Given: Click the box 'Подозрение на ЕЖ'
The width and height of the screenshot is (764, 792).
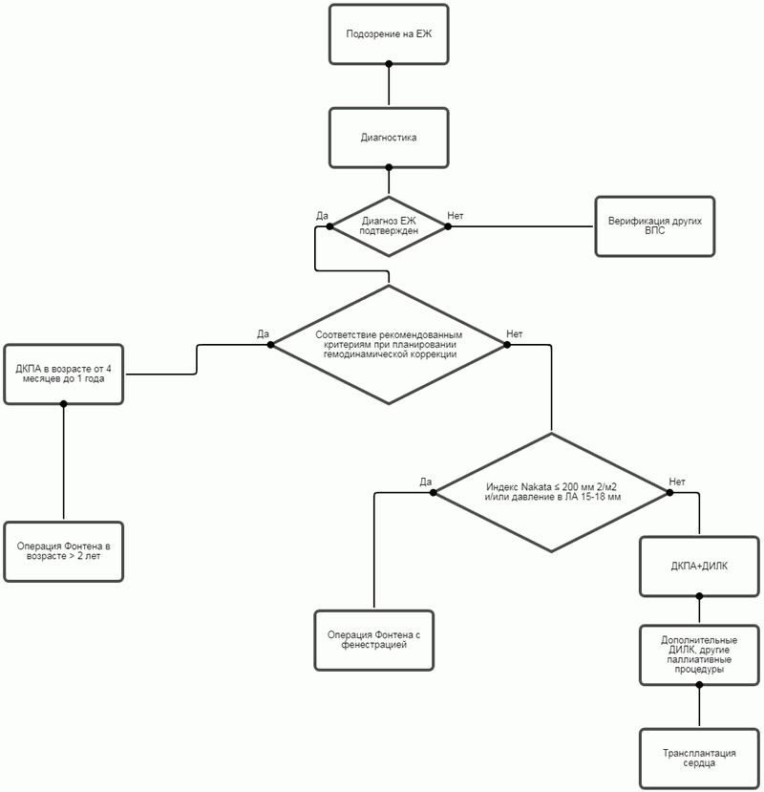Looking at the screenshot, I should tap(389, 33).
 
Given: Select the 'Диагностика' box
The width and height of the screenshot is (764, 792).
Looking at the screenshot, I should tap(389, 137).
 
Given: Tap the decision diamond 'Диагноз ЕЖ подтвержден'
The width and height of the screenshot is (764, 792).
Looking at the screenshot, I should tap(389, 226).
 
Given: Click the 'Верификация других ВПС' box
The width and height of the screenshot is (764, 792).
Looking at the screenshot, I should tap(655, 226).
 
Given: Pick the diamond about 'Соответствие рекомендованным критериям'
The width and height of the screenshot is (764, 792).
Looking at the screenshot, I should tap(389, 345).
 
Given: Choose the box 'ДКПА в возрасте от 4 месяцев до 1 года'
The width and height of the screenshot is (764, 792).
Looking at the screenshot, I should tap(64, 374).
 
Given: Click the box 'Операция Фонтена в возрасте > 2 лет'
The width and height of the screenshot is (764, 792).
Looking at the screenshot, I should tap(64, 551).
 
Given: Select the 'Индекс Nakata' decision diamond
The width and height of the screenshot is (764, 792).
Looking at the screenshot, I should tap(552, 492).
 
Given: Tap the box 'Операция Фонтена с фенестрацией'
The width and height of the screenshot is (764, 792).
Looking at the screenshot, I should tap(374, 640).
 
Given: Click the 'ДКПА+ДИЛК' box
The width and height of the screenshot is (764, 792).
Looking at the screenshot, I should tap(699, 566).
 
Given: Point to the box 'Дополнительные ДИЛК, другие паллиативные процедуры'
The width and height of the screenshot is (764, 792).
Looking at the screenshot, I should tap(699, 654).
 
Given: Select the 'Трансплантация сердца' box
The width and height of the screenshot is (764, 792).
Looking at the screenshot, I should tap(699, 758).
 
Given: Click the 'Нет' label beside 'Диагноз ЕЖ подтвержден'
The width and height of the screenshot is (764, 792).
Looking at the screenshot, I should tap(456, 216).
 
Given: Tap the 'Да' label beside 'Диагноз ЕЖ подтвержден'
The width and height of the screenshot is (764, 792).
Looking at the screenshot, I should tap(322, 216).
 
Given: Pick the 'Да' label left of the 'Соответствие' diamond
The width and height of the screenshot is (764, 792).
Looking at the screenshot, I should tap(264, 333).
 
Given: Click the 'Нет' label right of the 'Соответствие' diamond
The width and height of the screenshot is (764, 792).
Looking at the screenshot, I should tap(515, 333).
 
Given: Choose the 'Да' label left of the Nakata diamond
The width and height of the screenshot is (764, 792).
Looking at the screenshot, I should tap(426, 482).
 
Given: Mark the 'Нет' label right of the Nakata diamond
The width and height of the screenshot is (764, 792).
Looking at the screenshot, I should tap(677, 482).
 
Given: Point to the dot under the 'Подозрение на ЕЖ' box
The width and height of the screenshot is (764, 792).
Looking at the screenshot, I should tap(389, 64).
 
